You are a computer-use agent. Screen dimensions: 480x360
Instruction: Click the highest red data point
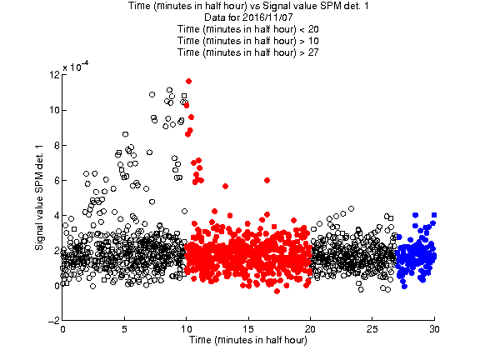[188, 81]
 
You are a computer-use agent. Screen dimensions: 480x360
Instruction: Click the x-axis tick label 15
[248, 329]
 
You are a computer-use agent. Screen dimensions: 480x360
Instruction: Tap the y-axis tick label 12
[54, 75]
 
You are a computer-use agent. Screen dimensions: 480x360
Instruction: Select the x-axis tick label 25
[372, 329]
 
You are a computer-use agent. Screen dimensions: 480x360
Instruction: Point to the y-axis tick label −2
[54, 321]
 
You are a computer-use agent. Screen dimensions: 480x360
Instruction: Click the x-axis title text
[248, 340]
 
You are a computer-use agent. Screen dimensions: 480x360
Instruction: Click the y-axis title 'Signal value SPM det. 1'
[39, 197]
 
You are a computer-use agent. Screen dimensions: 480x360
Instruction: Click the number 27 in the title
[313, 52]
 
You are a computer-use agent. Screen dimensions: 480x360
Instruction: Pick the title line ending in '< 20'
[248, 29]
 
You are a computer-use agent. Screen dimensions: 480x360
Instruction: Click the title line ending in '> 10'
[248, 41]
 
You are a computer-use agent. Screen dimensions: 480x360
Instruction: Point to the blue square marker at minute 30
[434, 215]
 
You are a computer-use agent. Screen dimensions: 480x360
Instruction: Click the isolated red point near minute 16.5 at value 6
[267, 180]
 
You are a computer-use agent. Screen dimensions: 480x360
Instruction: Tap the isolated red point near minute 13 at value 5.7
[225, 186]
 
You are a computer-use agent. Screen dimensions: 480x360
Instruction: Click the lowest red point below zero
[277, 291]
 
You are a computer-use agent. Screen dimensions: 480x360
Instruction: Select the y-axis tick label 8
[57, 145]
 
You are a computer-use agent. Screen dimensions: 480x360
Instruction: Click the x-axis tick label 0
[62, 329]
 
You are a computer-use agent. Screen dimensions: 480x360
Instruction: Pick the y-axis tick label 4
[57, 216]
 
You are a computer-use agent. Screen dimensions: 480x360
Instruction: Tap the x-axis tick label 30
[434, 329]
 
